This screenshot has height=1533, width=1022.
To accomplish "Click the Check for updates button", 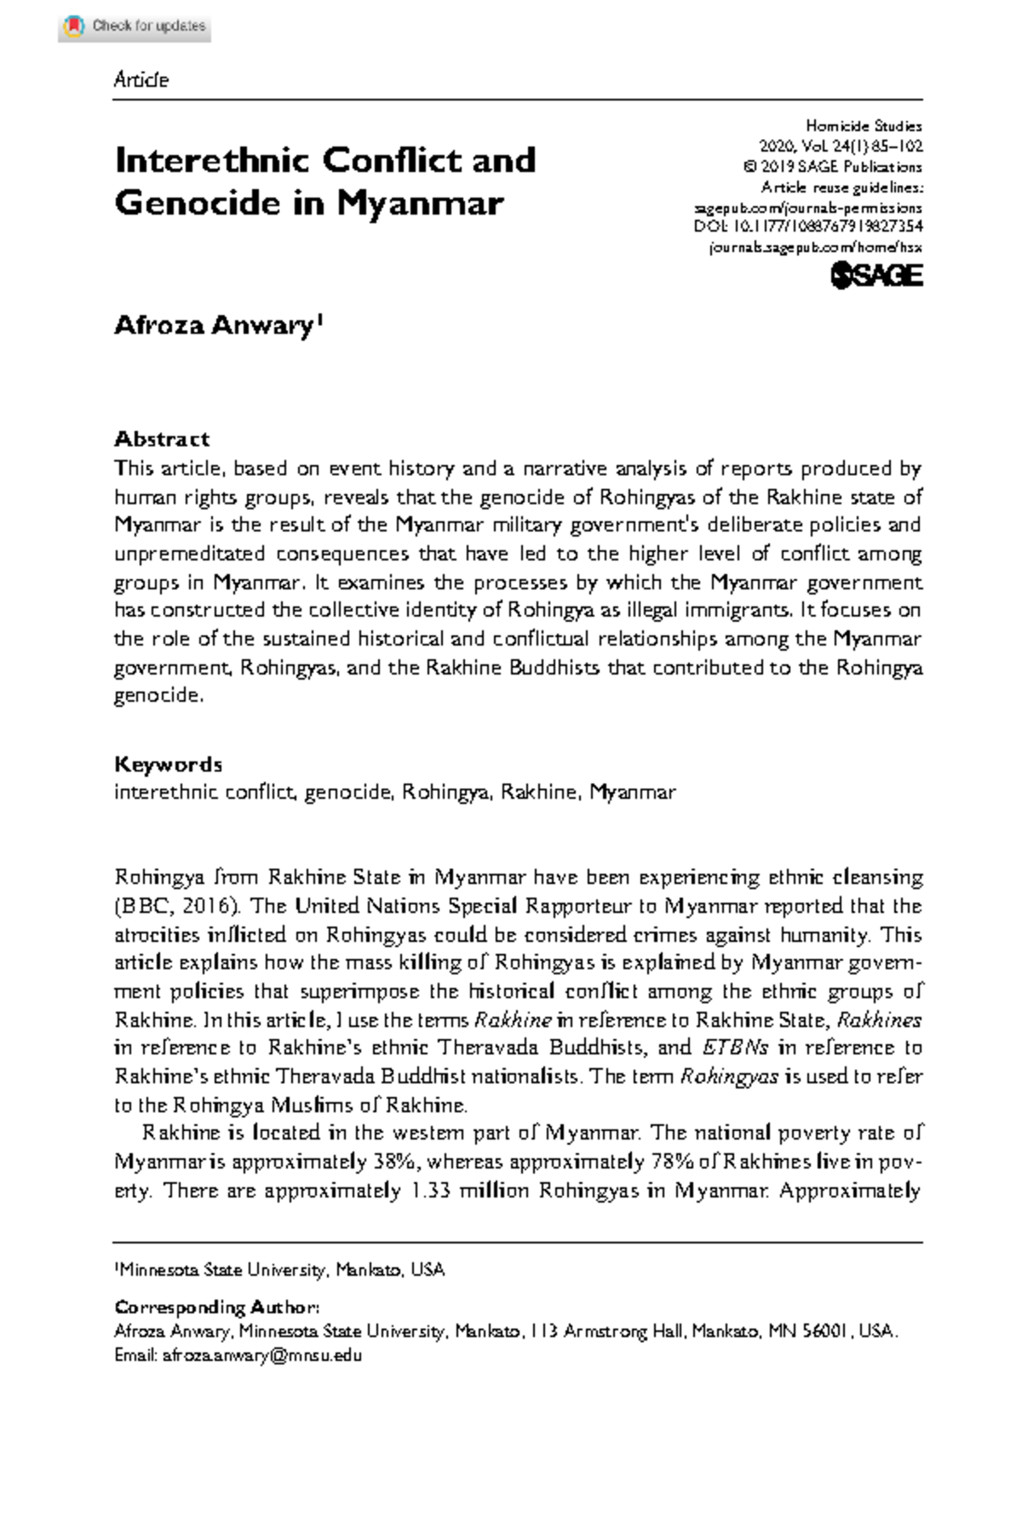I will tap(135, 26).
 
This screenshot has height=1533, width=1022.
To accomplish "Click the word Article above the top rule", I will tap(141, 80).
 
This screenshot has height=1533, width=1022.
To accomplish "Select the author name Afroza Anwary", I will tap(215, 326).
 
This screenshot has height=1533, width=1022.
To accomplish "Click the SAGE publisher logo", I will tap(876, 275).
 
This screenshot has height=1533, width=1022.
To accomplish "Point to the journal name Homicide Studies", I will tap(864, 126).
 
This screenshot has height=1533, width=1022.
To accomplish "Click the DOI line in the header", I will tap(808, 227).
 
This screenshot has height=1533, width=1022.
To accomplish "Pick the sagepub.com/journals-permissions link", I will tap(808, 207).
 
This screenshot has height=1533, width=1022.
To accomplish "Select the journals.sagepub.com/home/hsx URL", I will tap(815, 248).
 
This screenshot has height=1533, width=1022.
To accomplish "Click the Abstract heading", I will tap(162, 439).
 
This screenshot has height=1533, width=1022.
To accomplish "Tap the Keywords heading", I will tap(168, 764).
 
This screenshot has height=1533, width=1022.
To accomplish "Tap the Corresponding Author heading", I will tap(217, 1307).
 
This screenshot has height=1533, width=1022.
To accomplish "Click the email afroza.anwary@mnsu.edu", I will tap(262, 1355).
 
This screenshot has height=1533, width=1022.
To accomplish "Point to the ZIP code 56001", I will tap(824, 1331).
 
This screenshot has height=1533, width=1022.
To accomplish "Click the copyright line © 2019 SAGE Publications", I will tap(832, 167).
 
